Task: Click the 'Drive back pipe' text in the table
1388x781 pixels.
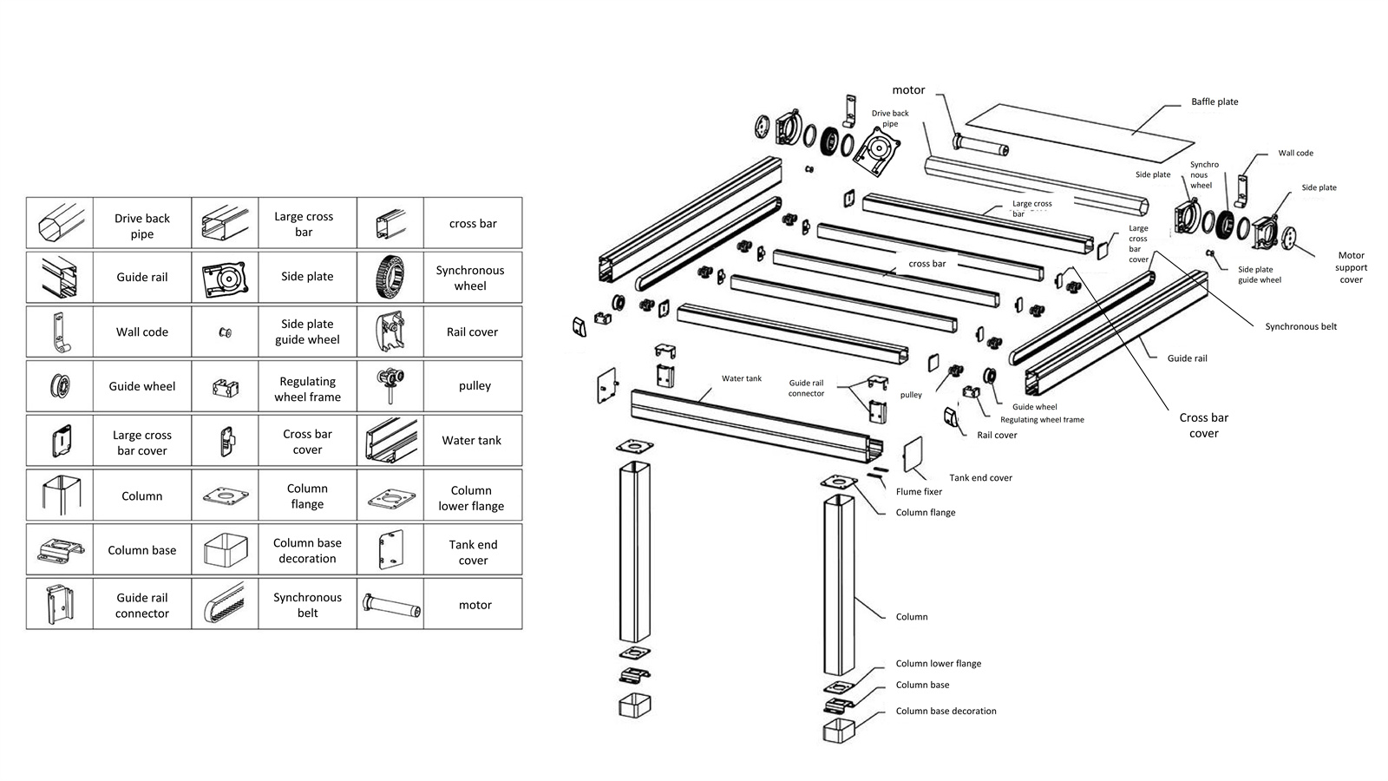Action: click(x=142, y=226)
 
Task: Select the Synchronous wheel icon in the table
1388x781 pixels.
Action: click(x=390, y=277)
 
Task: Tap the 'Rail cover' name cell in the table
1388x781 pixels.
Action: click(x=472, y=331)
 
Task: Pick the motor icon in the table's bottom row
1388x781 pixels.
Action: click(x=390, y=604)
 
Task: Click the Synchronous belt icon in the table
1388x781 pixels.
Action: click(x=225, y=604)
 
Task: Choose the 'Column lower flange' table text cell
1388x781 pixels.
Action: click(x=471, y=497)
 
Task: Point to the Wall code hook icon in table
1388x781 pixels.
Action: click(x=59, y=331)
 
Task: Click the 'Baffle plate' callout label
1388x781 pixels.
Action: click(x=1214, y=102)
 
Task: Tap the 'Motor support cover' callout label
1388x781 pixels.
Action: click(x=1351, y=267)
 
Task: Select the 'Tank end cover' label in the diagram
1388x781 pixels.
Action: click(x=980, y=477)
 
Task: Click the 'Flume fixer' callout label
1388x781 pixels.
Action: click(x=919, y=491)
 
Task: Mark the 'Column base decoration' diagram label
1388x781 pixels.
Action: click(x=946, y=711)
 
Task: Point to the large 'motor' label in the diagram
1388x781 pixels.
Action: click(x=908, y=89)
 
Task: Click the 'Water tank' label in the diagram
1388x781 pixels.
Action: click(x=742, y=378)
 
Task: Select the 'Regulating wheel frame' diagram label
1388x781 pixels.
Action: click(x=1042, y=419)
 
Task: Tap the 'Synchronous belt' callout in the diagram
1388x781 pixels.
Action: click(x=1300, y=326)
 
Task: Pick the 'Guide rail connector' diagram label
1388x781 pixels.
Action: click(x=806, y=388)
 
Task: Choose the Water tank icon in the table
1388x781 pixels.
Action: click(x=390, y=441)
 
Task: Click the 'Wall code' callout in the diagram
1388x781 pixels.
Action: click(x=1295, y=153)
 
